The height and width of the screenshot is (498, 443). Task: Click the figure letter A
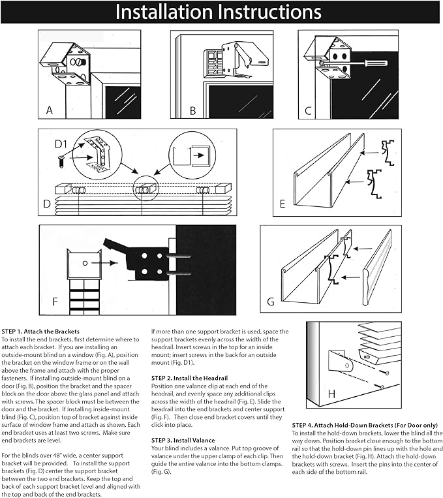point(50,110)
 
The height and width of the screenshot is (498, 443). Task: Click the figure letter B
point(193,110)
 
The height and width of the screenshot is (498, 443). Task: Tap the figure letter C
point(309,110)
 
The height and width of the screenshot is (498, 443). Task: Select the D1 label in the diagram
point(61,142)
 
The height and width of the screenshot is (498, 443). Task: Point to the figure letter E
point(282,204)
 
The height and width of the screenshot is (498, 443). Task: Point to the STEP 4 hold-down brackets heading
point(365,425)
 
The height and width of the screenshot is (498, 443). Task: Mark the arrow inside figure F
point(104,262)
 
